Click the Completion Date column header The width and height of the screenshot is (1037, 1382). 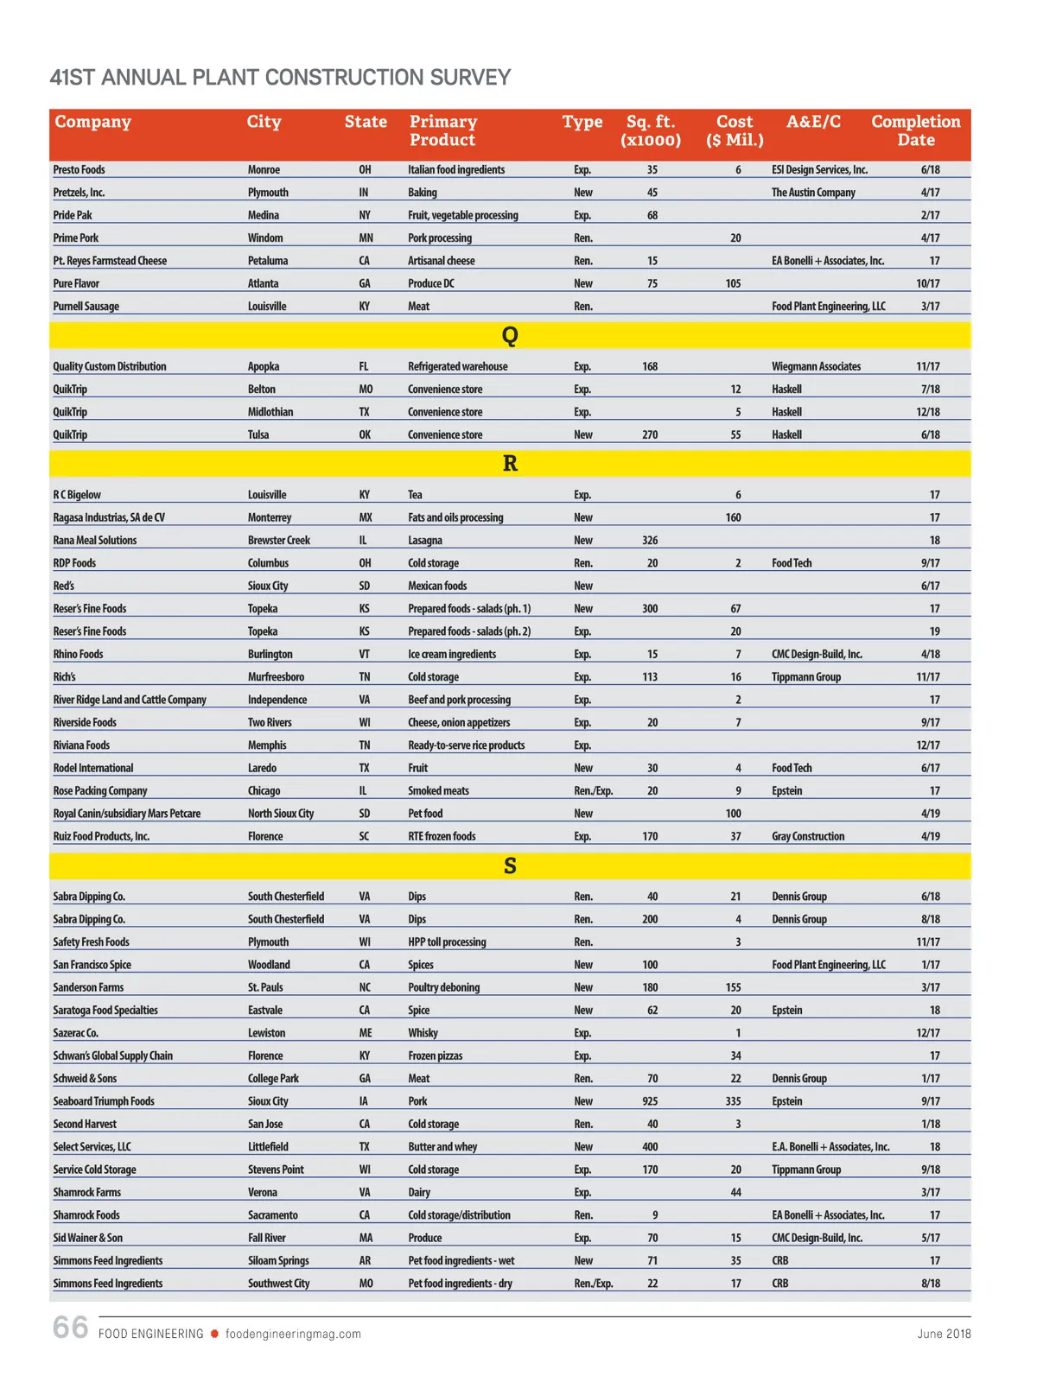tap(915, 130)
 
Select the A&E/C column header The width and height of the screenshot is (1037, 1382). tap(812, 122)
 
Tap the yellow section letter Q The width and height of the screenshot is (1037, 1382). tap(510, 335)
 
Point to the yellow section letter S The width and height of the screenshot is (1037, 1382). tap(510, 865)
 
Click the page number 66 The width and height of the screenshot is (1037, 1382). tap(70, 1328)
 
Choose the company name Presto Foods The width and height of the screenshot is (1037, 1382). tap(79, 170)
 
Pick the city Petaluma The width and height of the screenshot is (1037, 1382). tap(268, 261)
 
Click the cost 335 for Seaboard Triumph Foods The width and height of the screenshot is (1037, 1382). tap(733, 1101)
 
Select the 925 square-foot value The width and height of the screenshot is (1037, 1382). tap(650, 1101)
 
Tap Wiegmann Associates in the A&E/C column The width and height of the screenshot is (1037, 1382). tap(816, 367)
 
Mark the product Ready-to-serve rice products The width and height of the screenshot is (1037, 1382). tap(466, 745)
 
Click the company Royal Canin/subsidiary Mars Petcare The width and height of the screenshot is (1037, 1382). tap(126, 814)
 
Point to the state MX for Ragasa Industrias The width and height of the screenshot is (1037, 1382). tap(366, 518)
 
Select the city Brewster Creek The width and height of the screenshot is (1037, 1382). tap(278, 541)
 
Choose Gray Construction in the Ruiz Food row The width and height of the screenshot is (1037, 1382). tap(808, 836)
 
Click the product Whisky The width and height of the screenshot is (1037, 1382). tap(423, 1033)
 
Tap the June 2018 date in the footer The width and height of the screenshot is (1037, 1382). tap(944, 1334)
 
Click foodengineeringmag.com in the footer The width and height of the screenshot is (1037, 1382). tap(293, 1334)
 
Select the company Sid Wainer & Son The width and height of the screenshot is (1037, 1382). tap(87, 1238)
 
